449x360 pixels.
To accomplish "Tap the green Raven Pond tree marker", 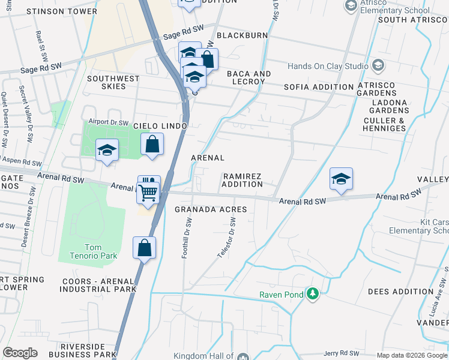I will point(312,294).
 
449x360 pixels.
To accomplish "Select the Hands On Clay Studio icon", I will point(378,65).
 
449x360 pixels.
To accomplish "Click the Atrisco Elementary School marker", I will point(351,6).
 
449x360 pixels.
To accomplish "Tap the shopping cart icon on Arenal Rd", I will point(147,193).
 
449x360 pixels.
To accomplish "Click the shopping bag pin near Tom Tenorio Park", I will point(145,248).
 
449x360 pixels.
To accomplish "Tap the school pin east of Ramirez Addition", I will point(341,179).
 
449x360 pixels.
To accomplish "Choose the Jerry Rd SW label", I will point(341,354).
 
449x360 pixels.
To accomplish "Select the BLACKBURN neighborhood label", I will point(243,35).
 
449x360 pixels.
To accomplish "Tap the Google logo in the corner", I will point(20,353).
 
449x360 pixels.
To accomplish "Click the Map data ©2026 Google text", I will point(412,355).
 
